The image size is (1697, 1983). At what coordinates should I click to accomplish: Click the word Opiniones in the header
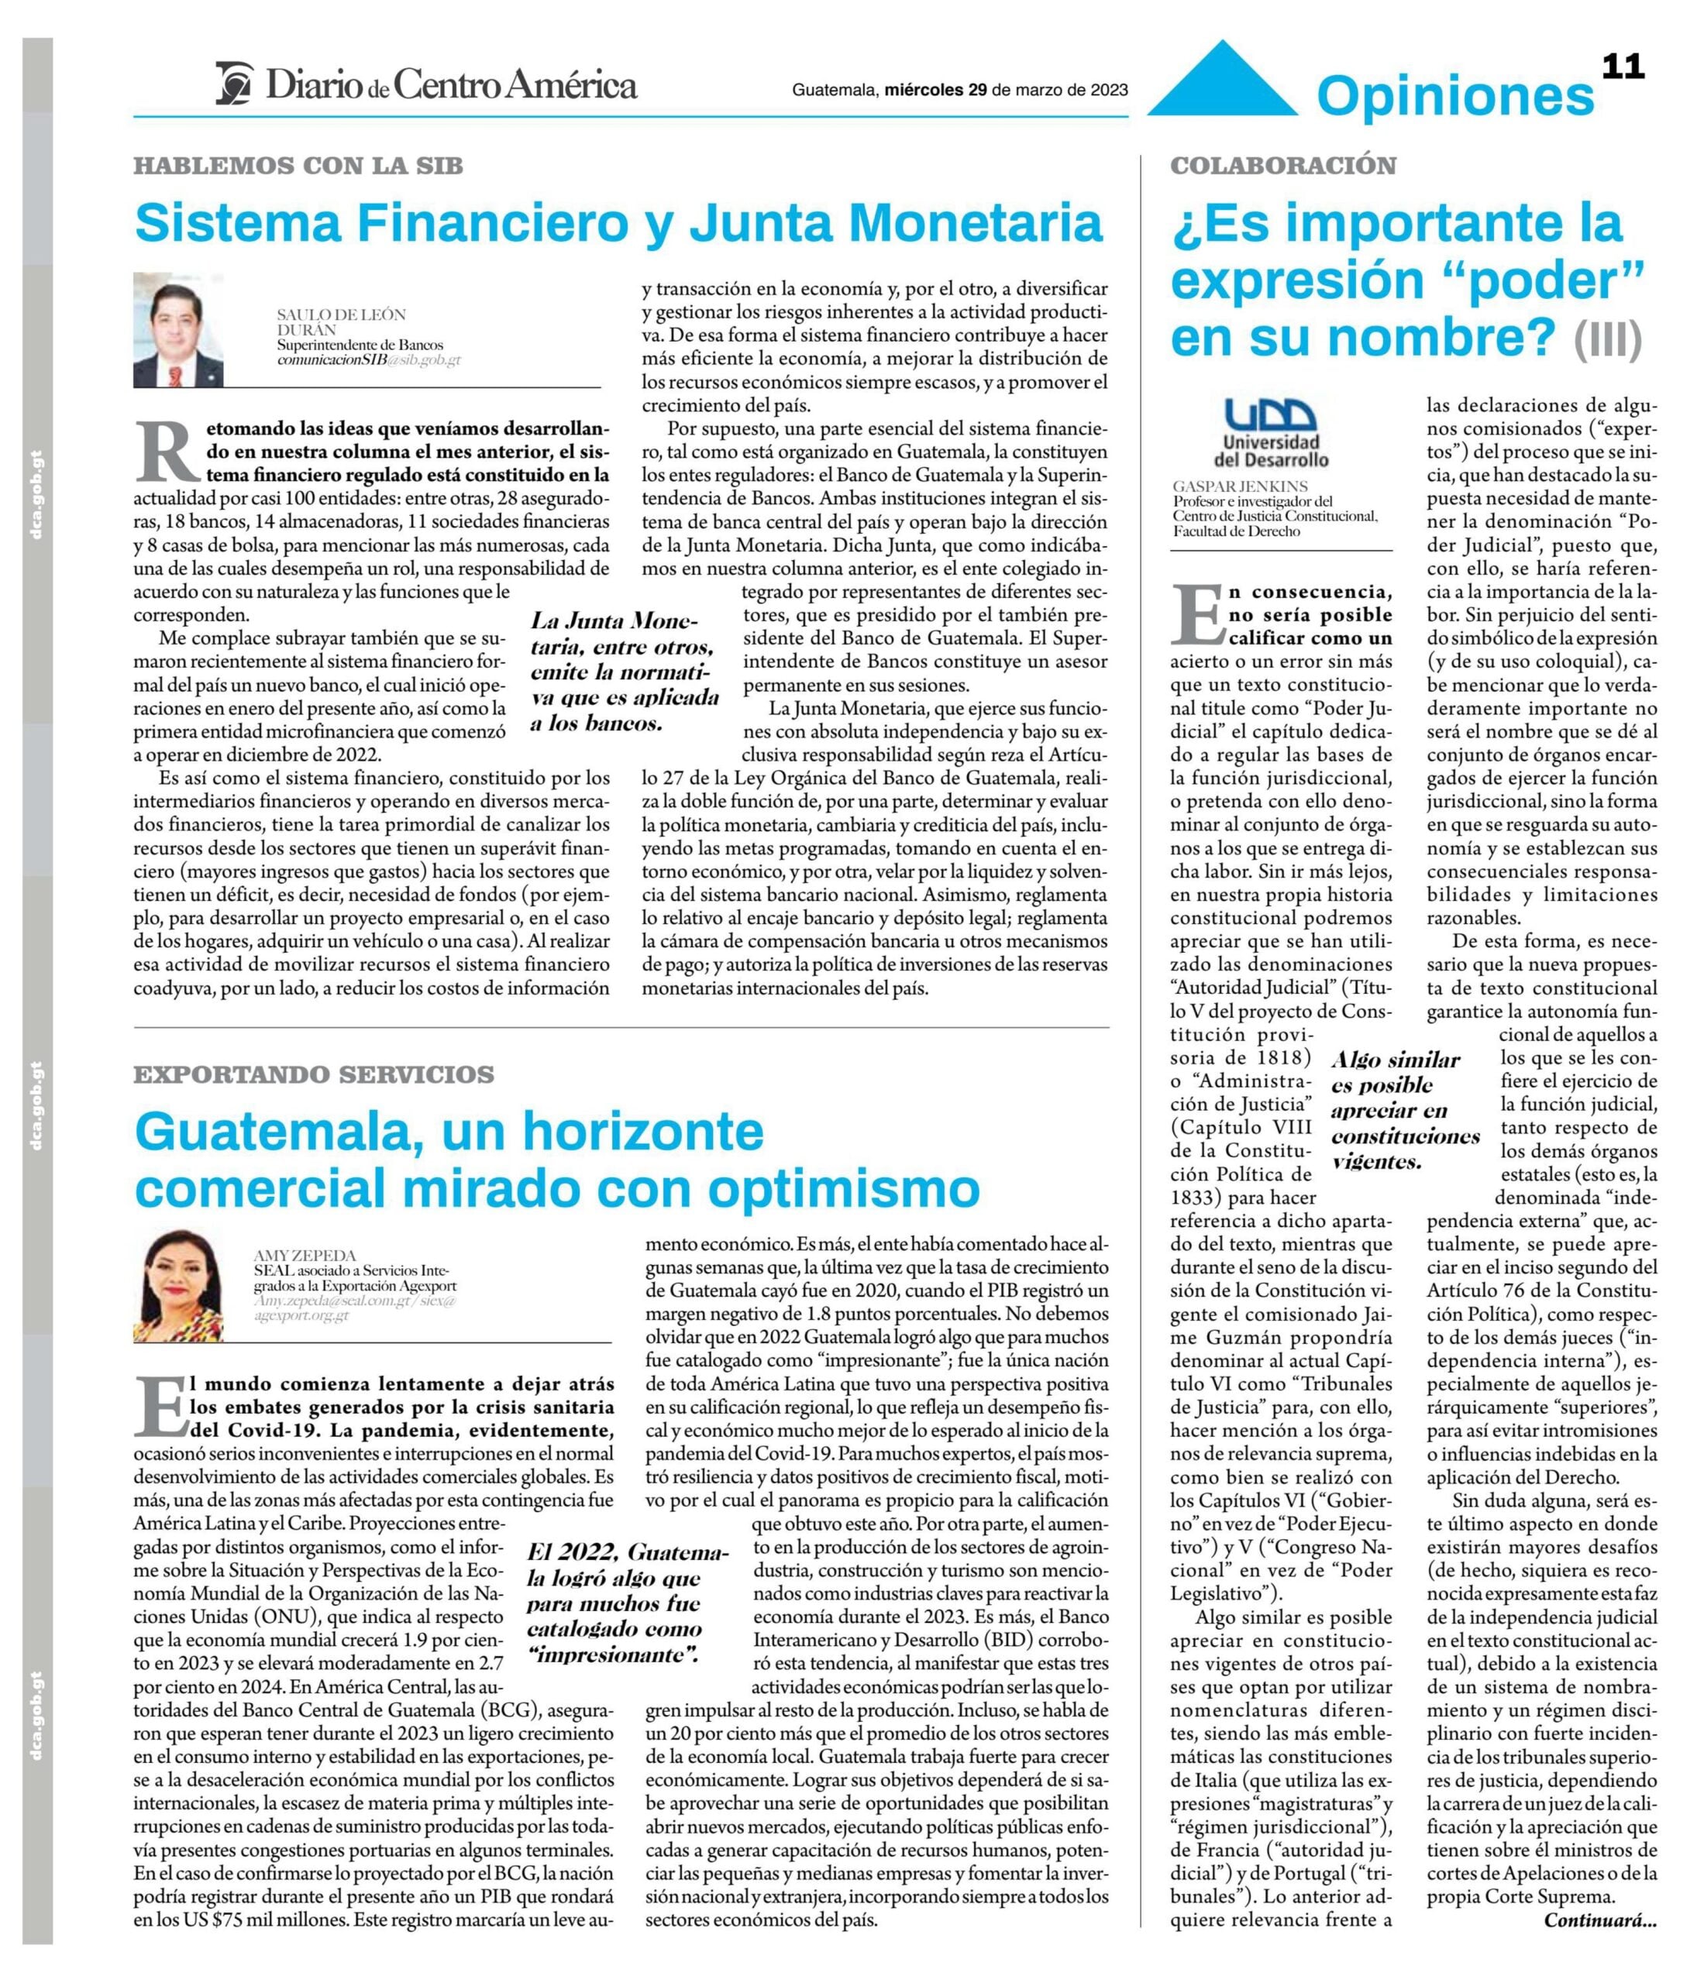(1454, 97)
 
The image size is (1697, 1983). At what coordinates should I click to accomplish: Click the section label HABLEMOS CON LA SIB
(298, 166)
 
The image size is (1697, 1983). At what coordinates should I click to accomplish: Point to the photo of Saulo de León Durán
(178, 330)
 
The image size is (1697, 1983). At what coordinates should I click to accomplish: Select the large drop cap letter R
(162, 451)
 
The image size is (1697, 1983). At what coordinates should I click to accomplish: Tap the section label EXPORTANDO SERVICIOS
(314, 1074)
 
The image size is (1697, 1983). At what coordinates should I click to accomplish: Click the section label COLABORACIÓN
(1282, 166)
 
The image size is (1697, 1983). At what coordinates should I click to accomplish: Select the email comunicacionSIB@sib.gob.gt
(369, 360)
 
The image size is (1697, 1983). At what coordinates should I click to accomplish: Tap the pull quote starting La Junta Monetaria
(624, 671)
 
